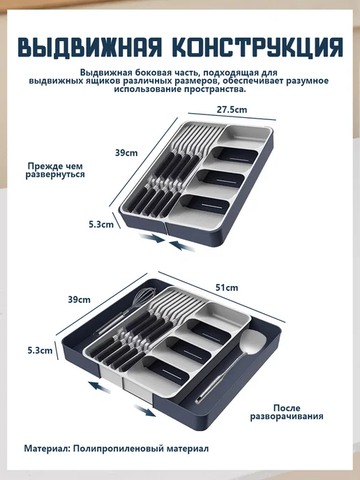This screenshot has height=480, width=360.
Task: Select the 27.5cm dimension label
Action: pos(232,110)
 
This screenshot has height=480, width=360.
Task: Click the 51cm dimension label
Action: pos(227,287)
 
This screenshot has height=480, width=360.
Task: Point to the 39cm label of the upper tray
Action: pos(126,153)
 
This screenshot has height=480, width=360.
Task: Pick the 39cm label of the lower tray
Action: pos(80,299)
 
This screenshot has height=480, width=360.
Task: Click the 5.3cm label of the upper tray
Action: pos(101,225)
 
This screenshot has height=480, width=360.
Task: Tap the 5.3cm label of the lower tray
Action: pos(40,350)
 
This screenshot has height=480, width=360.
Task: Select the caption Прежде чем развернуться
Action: pos(55,170)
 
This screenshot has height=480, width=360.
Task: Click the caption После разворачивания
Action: pos(287,412)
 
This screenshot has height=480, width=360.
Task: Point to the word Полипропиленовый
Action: pos(119,449)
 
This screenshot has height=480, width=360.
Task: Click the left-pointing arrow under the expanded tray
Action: pos(99,387)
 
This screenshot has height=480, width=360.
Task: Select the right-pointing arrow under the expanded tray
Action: pos(145,410)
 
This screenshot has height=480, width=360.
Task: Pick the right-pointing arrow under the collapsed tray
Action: pos(152,238)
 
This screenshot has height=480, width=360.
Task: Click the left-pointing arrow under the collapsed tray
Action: pos(182,246)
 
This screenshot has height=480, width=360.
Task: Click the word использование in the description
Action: pos(148,89)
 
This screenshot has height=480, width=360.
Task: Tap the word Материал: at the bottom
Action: pos(47,449)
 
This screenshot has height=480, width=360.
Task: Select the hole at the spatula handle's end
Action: pos(198,399)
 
